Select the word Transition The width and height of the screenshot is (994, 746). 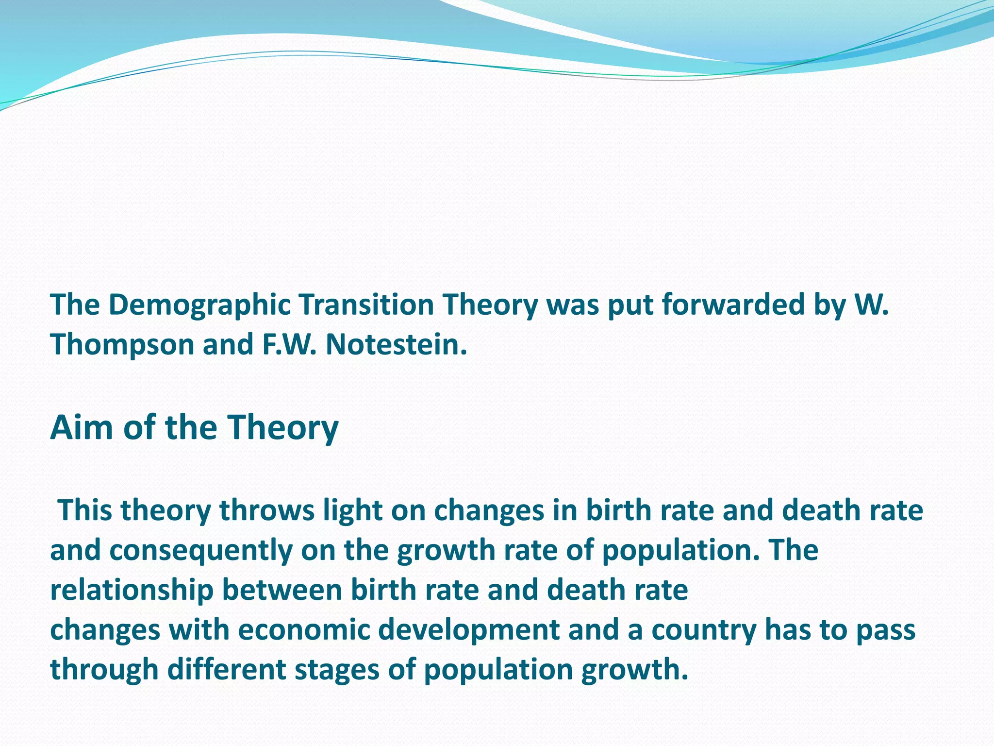365,305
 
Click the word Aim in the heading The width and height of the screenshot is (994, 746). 82,427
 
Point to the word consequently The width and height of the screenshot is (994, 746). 200,550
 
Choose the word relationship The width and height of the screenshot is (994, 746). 132,590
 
